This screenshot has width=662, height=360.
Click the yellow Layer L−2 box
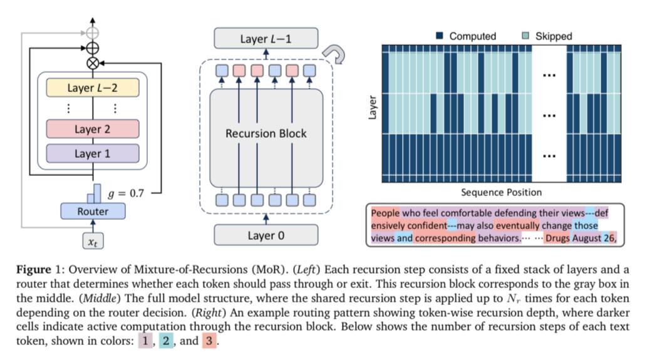[x=93, y=88]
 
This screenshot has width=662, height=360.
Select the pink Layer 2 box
[x=93, y=130]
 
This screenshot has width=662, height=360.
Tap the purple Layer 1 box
[x=93, y=153]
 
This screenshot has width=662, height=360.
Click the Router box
[x=93, y=212]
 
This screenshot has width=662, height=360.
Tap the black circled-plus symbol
[x=93, y=48]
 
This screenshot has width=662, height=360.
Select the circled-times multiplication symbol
[x=93, y=63]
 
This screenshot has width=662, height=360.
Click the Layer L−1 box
[x=266, y=39]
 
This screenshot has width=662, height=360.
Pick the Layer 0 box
[x=266, y=235]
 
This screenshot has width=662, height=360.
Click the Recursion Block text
[x=266, y=133]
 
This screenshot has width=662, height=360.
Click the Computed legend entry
[x=467, y=36]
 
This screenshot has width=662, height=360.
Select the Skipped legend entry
[x=547, y=36]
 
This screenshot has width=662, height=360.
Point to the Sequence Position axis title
[x=501, y=192]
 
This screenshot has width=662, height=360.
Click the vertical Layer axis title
[x=373, y=108]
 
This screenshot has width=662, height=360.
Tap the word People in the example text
[x=385, y=213]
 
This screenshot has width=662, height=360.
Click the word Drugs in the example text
[x=558, y=239]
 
